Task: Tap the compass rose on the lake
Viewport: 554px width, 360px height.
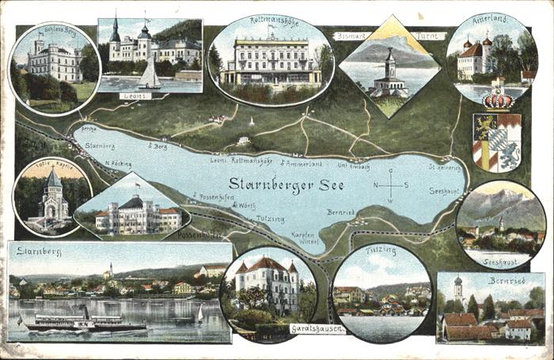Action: coord(390,185)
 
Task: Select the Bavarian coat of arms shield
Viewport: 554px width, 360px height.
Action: coord(497,142)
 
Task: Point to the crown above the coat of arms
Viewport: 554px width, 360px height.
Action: coord(498,100)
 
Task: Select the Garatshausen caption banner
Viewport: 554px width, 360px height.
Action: coord(317,328)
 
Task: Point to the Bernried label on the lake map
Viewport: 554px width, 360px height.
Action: coord(341,212)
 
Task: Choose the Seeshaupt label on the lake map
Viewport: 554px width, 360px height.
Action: coord(445,190)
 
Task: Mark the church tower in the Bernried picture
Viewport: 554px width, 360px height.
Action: coord(457,293)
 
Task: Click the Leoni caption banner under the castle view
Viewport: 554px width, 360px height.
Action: coord(135,96)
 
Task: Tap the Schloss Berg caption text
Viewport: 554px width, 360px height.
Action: coord(60,30)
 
